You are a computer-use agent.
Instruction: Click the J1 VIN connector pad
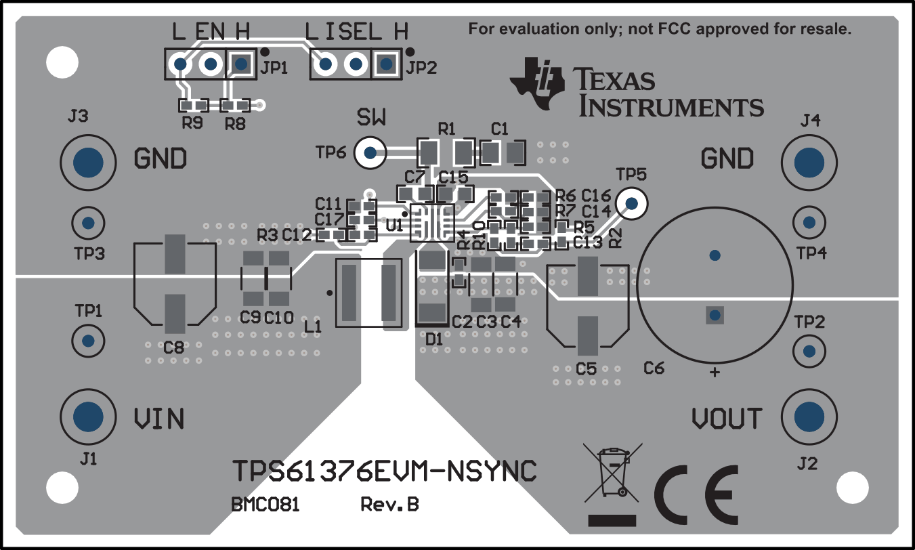point(87,416)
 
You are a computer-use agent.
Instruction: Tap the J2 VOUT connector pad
point(808,416)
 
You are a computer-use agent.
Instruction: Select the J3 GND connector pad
point(87,162)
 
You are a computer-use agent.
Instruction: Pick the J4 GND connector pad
point(808,162)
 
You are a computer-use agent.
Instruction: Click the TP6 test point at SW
point(370,152)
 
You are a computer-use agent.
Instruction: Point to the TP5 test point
point(631,203)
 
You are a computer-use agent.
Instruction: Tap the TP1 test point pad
point(87,340)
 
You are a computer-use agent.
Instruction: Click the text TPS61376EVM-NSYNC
point(385,471)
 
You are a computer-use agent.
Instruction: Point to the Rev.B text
point(389,505)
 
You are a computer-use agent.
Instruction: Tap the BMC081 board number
point(265,505)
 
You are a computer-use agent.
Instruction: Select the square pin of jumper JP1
point(240,64)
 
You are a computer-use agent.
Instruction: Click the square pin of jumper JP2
point(386,64)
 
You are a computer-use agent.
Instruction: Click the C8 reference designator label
point(173,347)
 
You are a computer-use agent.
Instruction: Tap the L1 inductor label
point(312,327)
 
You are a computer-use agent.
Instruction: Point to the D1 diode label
point(434,339)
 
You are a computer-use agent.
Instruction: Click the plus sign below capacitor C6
point(714,373)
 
